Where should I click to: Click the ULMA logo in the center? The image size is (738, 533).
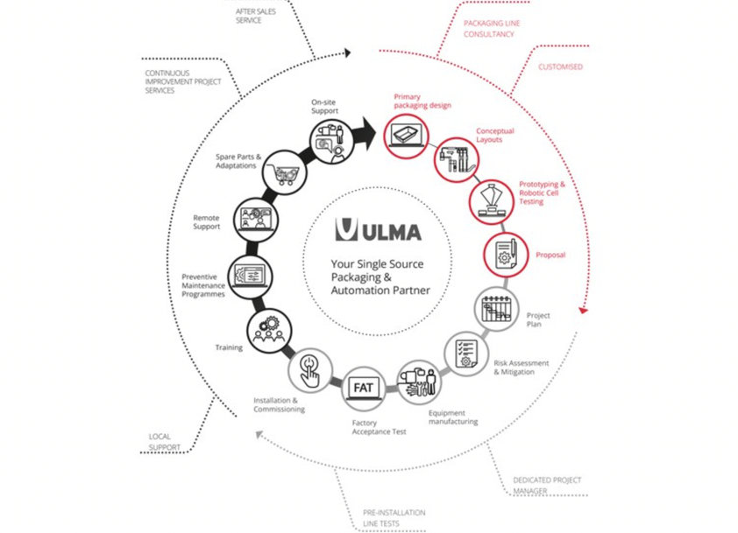pyautogui.click(x=378, y=230)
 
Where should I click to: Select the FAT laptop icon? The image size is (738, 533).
pyautogui.click(x=364, y=389)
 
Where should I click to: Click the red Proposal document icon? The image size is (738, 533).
pyautogui.click(x=506, y=255)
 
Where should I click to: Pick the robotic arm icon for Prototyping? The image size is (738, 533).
pyautogui.click(x=492, y=201)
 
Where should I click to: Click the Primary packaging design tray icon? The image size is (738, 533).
pyautogui.click(x=406, y=136)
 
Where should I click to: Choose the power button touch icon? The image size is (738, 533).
pyautogui.click(x=310, y=370)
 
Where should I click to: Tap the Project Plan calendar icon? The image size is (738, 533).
pyautogui.click(x=497, y=309)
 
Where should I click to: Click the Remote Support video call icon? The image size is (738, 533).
pyautogui.click(x=256, y=220)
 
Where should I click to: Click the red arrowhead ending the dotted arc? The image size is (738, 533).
pyautogui.click(x=583, y=310)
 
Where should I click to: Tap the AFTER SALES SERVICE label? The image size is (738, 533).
pyautogui.click(x=256, y=16)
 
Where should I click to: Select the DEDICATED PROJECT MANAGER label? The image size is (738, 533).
pyautogui.click(x=547, y=486)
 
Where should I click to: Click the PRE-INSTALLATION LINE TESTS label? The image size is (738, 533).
pyautogui.click(x=394, y=518)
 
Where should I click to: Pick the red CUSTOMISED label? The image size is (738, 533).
pyautogui.click(x=561, y=67)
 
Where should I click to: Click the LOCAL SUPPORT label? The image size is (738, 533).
pyautogui.click(x=164, y=442)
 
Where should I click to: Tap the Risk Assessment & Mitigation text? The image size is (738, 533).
pyautogui.click(x=521, y=368)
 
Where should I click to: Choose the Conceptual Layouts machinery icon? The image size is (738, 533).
pyautogui.click(x=456, y=160)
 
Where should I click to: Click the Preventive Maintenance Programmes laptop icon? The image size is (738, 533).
pyautogui.click(x=251, y=277)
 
